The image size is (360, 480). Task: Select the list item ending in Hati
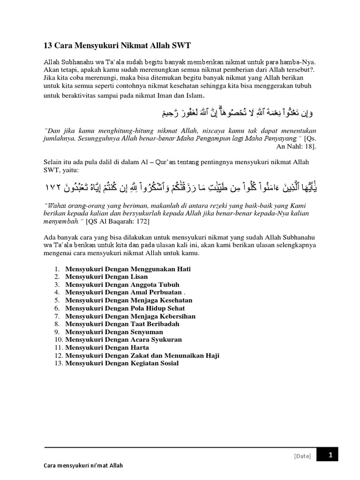[x=128, y=269]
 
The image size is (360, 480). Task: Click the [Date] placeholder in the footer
[x=302, y=456]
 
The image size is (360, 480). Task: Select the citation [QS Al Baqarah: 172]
[x=118, y=221]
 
